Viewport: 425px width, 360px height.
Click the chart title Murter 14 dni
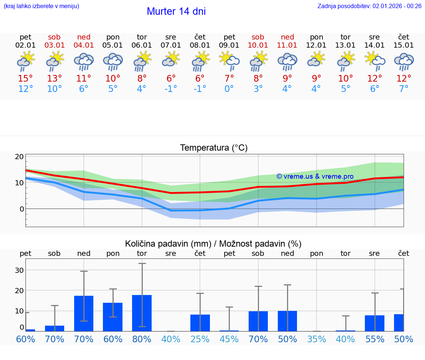tap(176, 11)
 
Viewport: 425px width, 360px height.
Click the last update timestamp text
tap(369, 6)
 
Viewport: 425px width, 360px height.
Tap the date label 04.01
tap(84, 45)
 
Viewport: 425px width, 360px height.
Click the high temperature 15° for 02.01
tap(25, 79)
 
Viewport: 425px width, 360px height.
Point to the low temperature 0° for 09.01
tap(229, 89)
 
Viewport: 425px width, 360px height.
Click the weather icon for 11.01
tap(287, 61)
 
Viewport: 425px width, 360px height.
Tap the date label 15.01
tap(404, 45)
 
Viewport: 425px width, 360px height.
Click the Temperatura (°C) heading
tap(214, 148)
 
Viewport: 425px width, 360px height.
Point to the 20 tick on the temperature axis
tap(20, 157)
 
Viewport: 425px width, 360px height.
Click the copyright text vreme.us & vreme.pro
tap(315, 176)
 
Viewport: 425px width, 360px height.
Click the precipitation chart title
tap(213, 244)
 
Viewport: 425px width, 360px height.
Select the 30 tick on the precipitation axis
tap(20, 270)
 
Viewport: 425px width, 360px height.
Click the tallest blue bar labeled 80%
tap(142, 313)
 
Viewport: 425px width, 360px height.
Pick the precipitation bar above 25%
tap(200, 323)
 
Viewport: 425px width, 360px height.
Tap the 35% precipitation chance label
tap(317, 339)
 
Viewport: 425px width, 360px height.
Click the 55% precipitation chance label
tap(374, 339)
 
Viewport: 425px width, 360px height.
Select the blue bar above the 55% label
tap(374, 323)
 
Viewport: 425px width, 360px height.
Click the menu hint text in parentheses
tap(41, 6)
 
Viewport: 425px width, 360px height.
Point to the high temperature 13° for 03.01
tap(55, 79)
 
